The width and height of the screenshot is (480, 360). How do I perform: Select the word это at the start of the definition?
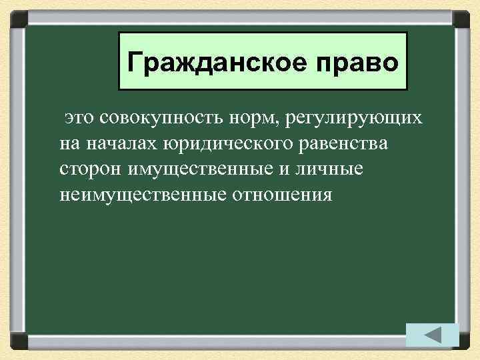[x=81, y=118]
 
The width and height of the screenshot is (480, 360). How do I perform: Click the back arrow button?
[x=432, y=334]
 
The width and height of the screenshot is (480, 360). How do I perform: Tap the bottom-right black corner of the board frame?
[x=462, y=343]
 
